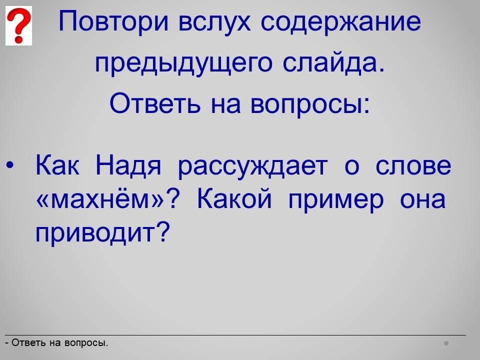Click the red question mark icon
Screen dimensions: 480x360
18,25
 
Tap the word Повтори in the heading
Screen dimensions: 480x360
113,21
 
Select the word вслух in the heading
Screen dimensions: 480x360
214,22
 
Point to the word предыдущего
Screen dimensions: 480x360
183,64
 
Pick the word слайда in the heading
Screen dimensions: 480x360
333,63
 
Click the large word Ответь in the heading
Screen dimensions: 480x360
155,103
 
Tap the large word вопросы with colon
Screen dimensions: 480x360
310,104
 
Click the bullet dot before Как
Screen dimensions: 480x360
10,165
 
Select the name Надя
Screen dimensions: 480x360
128,166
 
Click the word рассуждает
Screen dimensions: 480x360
253,167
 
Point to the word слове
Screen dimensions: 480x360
413,166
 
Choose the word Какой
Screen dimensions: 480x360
234,198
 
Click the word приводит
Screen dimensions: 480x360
95,233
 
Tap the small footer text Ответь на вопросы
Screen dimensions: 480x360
56,343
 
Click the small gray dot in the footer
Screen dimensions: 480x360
446,343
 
